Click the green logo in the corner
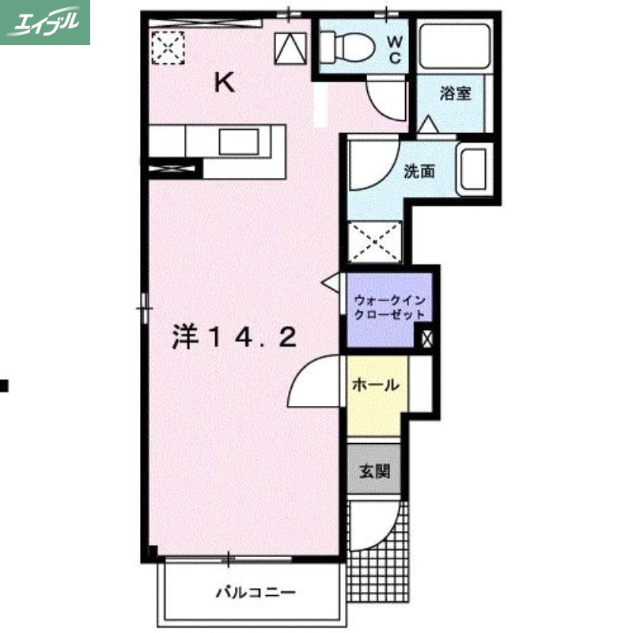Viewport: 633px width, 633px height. pyautogui.click(x=45, y=22)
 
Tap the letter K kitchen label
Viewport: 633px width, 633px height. pyautogui.click(x=225, y=83)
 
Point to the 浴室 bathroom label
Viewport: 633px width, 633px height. pyautogui.click(x=456, y=93)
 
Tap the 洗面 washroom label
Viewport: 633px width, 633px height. pyautogui.click(x=417, y=172)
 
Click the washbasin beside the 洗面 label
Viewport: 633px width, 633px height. pyautogui.click(x=473, y=169)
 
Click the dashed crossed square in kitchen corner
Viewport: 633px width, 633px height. pyautogui.click(x=168, y=46)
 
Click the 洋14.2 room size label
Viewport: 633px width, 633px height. pyautogui.click(x=234, y=338)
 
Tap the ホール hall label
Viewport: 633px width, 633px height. pyautogui.click(x=375, y=386)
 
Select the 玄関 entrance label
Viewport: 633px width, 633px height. pyautogui.click(x=374, y=472)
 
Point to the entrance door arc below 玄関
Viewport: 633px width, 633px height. pyautogui.click(x=372, y=526)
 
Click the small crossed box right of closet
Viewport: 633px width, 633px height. pyautogui.click(x=427, y=338)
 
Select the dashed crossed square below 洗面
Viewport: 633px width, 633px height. pyautogui.click(x=376, y=239)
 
